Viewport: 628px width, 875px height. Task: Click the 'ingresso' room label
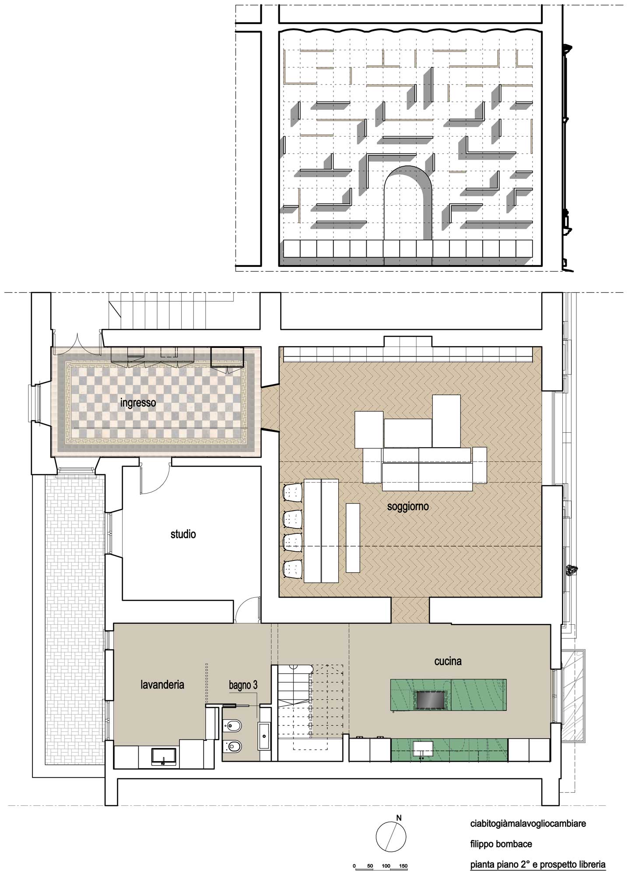pyautogui.click(x=138, y=403)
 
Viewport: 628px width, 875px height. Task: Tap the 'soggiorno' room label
pyautogui.click(x=408, y=507)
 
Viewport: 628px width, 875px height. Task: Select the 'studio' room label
pyautogui.click(x=183, y=534)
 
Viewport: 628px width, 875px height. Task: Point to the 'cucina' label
pyautogui.click(x=448, y=661)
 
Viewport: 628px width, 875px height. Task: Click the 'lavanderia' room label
pyautogui.click(x=162, y=685)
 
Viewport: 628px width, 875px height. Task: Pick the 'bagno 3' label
pyautogui.click(x=242, y=686)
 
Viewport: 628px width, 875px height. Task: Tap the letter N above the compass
pyautogui.click(x=399, y=817)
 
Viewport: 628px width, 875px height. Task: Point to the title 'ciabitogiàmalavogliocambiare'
pyautogui.click(x=528, y=824)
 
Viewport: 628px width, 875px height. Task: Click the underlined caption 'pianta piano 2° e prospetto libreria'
pyautogui.click(x=538, y=864)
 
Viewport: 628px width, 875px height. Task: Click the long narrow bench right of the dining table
pyautogui.click(x=353, y=538)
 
